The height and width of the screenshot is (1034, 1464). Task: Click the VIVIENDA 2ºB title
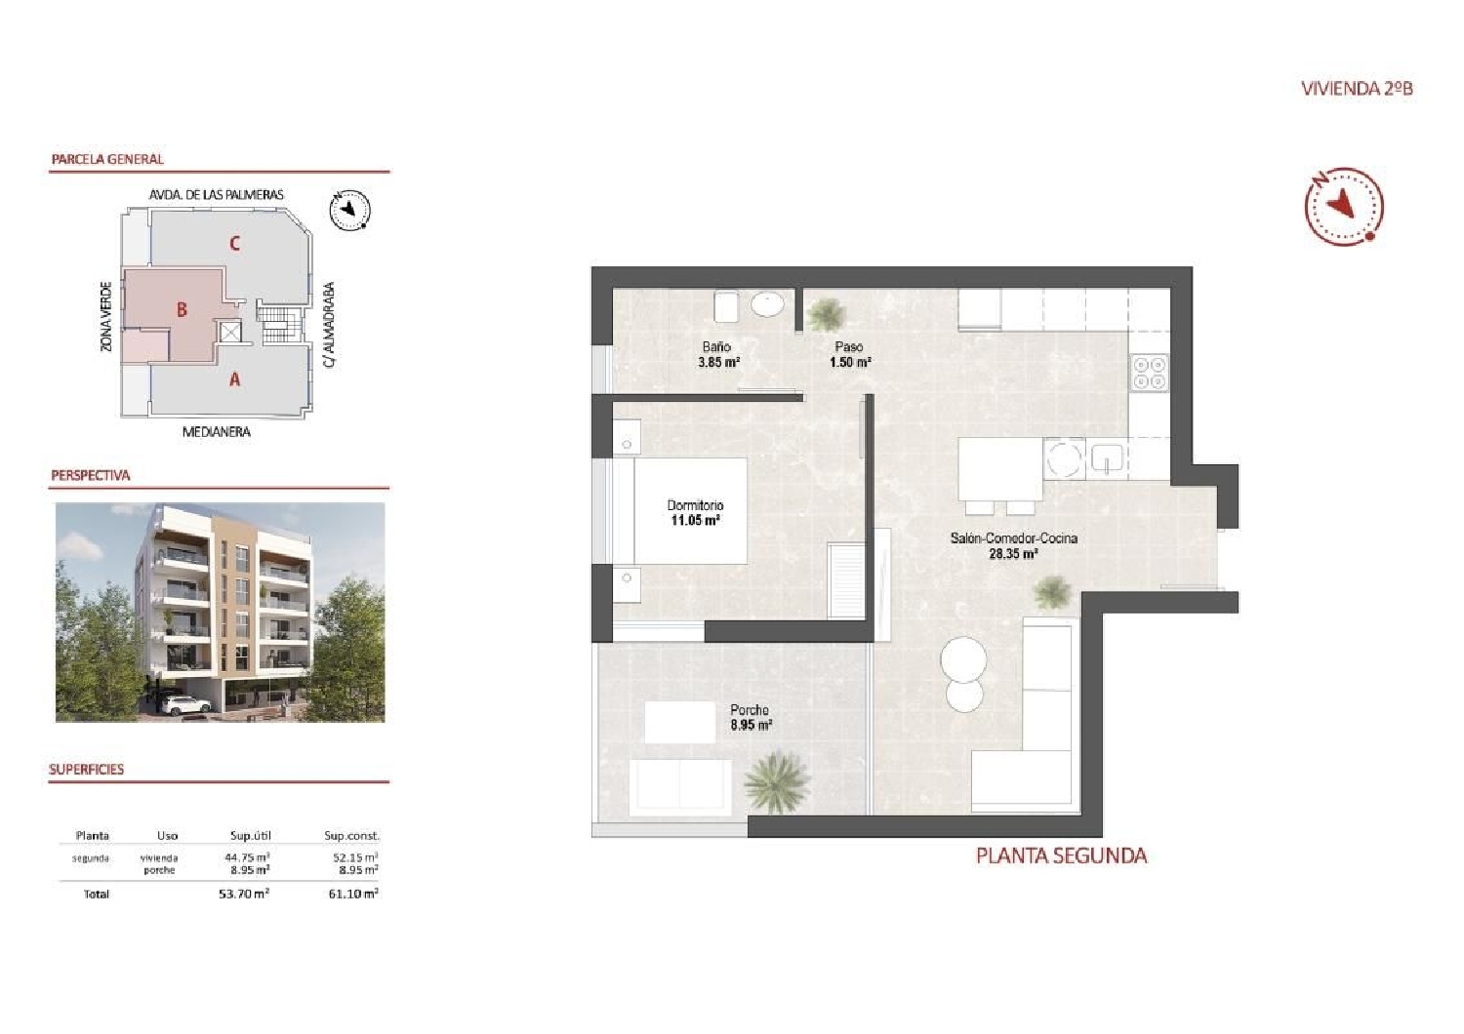[x=1357, y=88]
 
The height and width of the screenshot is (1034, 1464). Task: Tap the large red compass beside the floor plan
[x=1344, y=205]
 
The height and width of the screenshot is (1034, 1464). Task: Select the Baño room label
[x=716, y=346]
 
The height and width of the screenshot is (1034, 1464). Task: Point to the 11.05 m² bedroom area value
[x=695, y=521]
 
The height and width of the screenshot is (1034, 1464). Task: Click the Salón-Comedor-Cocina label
[x=1013, y=537]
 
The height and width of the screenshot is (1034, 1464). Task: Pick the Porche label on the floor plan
[x=750, y=710]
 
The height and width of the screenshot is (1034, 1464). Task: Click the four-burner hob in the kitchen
[x=1149, y=373]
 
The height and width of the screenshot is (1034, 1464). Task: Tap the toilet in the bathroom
[x=727, y=306]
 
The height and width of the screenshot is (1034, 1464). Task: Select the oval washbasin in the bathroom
[x=768, y=305]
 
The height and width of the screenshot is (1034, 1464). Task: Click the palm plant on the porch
[x=777, y=781]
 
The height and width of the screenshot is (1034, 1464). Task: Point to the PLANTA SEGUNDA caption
[x=1061, y=855]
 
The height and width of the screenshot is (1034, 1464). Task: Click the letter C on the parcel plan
[x=234, y=243]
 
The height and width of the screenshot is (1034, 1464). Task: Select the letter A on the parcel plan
[x=234, y=379]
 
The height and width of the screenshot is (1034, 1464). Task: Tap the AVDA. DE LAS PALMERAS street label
[x=216, y=194]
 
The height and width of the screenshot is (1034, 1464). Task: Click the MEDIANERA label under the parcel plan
[x=216, y=431]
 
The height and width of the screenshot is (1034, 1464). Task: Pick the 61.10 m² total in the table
[x=352, y=894]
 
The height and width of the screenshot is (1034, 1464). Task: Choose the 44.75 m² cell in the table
[x=247, y=857]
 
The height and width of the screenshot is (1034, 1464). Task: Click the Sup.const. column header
[x=351, y=836]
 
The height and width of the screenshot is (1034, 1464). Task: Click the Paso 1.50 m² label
[x=849, y=354]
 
